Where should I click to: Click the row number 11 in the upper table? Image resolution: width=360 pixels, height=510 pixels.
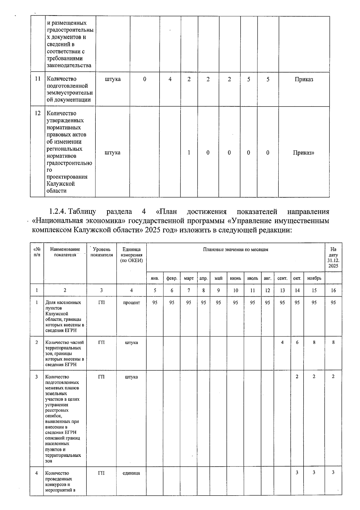click(x=38, y=79)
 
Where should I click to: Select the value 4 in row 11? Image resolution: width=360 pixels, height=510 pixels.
click(x=170, y=79)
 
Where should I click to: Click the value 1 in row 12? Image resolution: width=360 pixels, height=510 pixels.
click(x=189, y=152)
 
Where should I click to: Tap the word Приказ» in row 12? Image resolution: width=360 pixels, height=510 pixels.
click(x=304, y=152)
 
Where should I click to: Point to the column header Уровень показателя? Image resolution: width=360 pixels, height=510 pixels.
click(x=101, y=252)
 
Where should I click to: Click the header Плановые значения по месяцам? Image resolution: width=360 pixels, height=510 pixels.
click(x=235, y=249)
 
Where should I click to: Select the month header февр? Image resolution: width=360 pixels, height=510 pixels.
click(x=172, y=278)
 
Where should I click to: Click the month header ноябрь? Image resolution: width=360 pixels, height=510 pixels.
click(x=314, y=278)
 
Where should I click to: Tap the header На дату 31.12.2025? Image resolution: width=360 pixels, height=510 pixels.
click(x=333, y=258)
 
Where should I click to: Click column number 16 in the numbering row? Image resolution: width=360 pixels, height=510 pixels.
click(x=333, y=290)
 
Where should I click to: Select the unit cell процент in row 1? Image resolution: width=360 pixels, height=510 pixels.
click(x=131, y=303)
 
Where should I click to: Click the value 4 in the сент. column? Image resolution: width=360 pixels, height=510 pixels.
click(x=282, y=342)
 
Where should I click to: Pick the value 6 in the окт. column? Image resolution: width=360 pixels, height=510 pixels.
click(x=297, y=342)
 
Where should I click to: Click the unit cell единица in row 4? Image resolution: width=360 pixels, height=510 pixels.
click(x=131, y=473)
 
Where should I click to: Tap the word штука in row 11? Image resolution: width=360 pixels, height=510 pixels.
click(x=113, y=79)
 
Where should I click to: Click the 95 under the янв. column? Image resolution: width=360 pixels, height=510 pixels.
click(x=155, y=303)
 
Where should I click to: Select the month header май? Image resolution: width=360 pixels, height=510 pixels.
click(x=218, y=278)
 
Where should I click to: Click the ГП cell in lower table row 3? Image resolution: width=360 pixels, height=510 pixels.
click(x=101, y=377)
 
